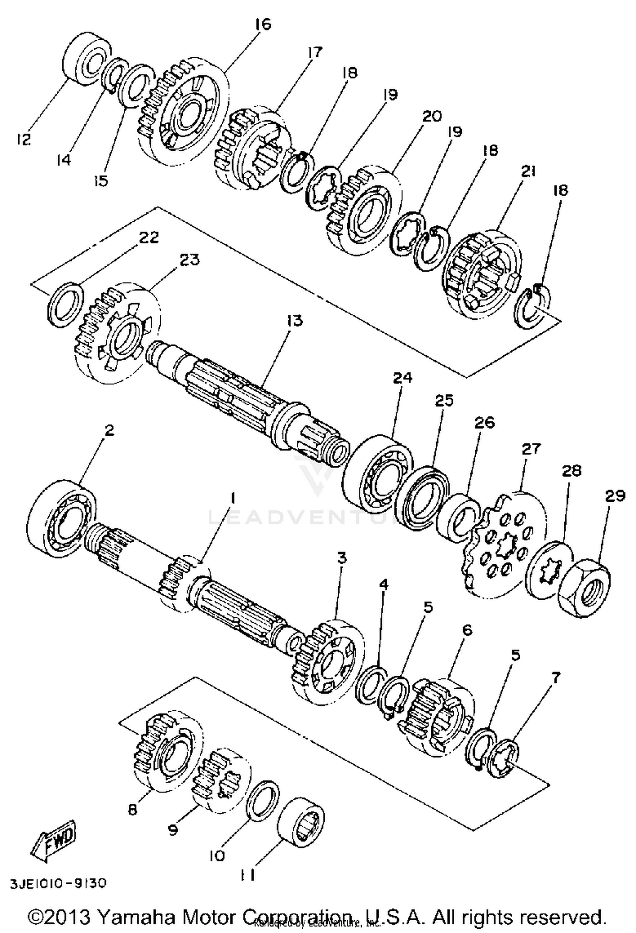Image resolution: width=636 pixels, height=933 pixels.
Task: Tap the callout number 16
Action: point(263,24)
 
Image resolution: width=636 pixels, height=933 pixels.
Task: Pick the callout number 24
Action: point(402,377)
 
